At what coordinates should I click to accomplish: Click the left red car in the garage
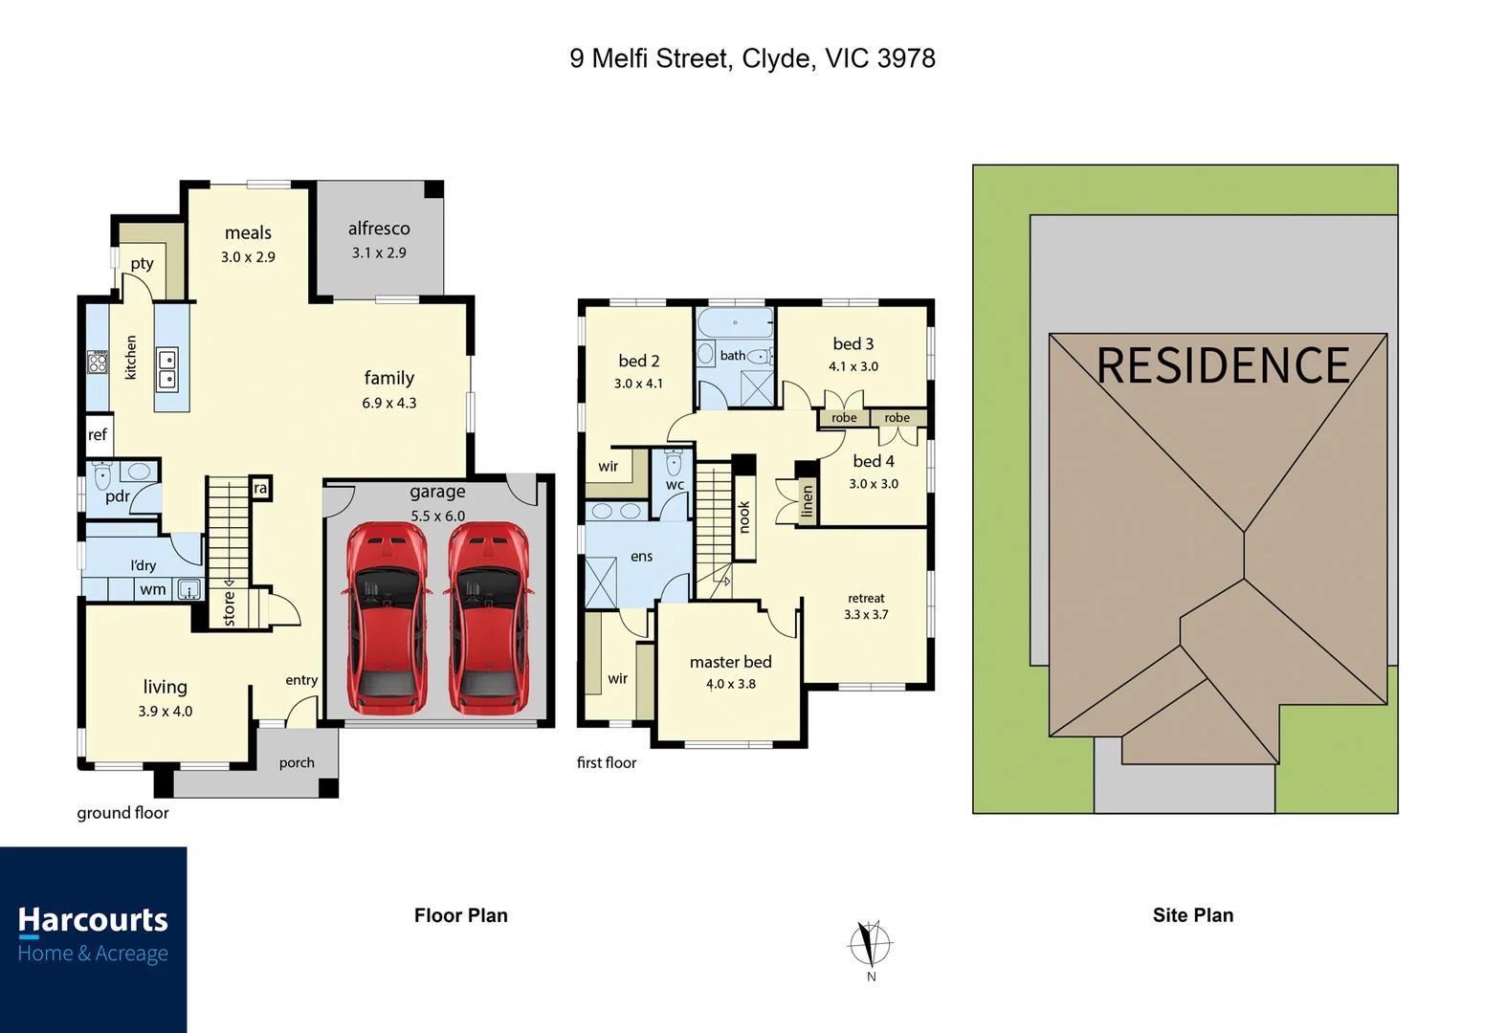click(x=387, y=618)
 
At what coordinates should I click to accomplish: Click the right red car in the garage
click(x=489, y=618)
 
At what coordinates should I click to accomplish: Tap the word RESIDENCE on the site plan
click(x=1222, y=365)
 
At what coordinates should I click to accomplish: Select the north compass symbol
click(x=870, y=944)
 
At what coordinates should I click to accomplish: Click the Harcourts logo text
click(x=93, y=920)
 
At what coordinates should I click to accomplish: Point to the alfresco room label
click(x=379, y=229)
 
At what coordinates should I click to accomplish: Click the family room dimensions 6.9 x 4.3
click(x=389, y=403)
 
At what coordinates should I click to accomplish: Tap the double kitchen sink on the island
click(x=167, y=369)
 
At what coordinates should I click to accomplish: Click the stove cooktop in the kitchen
click(x=98, y=362)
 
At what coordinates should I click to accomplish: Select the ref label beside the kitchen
click(x=98, y=434)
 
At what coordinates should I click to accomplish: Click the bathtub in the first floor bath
click(x=734, y=322)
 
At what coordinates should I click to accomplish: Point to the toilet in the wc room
click(x=674, y=464)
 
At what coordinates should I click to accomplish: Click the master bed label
click(x=730, y=662)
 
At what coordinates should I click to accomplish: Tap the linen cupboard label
click(x=808, y=501)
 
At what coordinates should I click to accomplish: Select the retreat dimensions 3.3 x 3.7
click(x=866, y=615)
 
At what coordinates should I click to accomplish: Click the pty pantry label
click(x=142, y=263)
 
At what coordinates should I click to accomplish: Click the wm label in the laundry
click(x=152, y=589)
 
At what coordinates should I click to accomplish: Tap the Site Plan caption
click(x=1192, y=915)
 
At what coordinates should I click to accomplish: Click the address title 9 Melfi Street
click(x=752, y=58)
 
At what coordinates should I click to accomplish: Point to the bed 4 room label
click(x=874, y=461)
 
